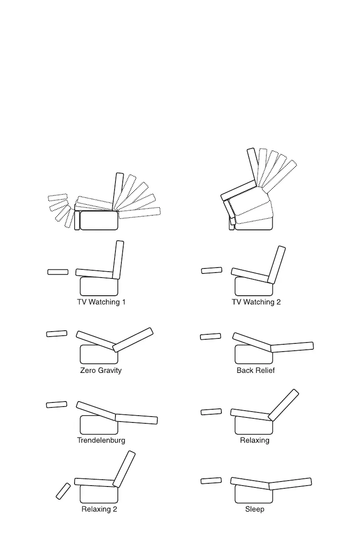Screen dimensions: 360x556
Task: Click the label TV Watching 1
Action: pyautogui.click(x=101, y=302)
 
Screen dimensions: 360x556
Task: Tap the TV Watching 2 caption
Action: pyautogui.click(x=256, y=302)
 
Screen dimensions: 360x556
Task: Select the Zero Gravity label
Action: pyautogui.click(x=101, y=370)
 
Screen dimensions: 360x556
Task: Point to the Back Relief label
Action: pyautogui.click(x=255, y=370)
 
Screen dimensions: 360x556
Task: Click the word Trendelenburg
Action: pyautogui.click(x=101, y=440)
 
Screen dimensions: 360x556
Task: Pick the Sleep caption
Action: pyautogui.click(x=255, y=509)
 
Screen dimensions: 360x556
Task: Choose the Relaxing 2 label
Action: pyautogui.click(x=99, y=509)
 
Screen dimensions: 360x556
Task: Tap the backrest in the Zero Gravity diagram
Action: pyautogui.click(x=133, y=339)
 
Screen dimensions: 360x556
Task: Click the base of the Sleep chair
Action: pyautogui.click(x=254, y=494)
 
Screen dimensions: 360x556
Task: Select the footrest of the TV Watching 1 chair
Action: pyautogui.click(x=58, y=272)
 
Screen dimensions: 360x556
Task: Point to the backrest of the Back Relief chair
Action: pyautogui.click(x=292, y=347)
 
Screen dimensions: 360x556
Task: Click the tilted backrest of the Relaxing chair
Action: pyautogui.click(x=284, y=405)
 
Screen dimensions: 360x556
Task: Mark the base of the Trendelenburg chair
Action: pyautogui.click(x=99, y=425)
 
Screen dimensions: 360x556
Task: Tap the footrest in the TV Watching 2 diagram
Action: pyautogui.click(x=212, y=271)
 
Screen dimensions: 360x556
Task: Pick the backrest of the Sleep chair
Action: pyautogui.click(x=290, y=484)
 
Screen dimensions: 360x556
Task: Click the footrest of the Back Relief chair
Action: pyautogui.click(x=210, y=337)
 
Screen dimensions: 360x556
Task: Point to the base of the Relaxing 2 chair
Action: pyautogui.click(x=99, y=494)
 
